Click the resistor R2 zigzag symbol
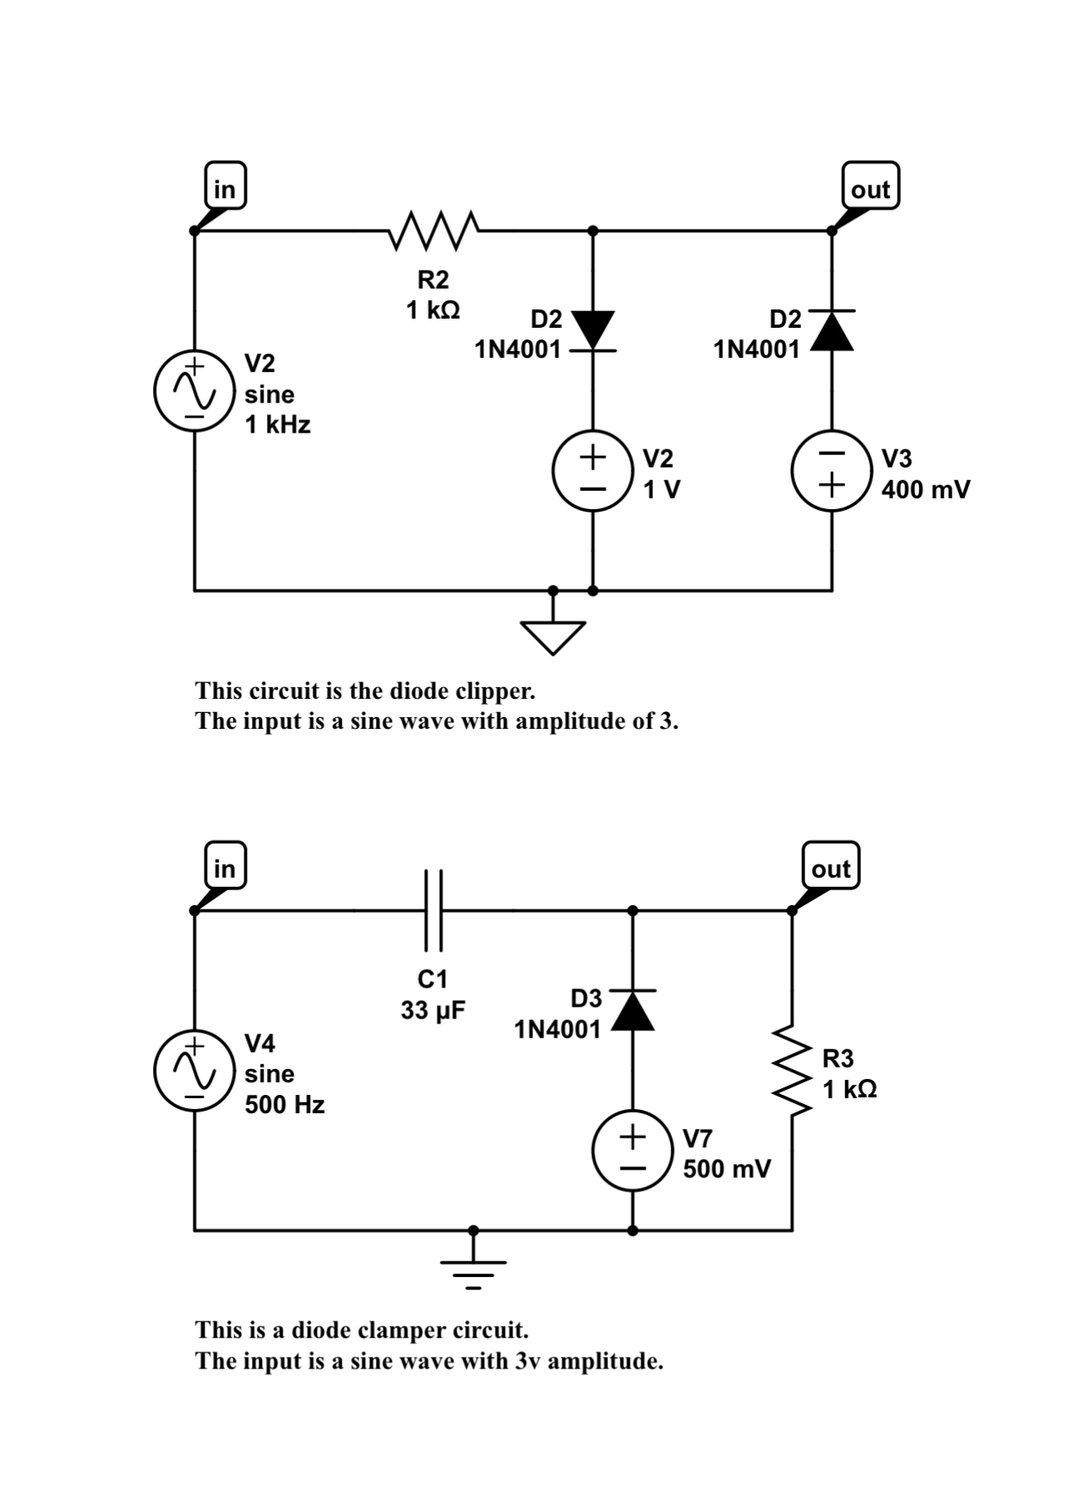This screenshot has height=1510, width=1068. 433,230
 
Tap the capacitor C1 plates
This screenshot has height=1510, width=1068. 433,910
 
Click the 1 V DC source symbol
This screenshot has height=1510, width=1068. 591,471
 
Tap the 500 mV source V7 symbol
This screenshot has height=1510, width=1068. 632,1151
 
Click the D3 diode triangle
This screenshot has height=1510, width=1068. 632,1010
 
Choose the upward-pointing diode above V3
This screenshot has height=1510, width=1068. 832,329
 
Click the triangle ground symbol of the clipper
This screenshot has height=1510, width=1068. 553,636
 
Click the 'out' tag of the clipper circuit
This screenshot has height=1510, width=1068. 870,189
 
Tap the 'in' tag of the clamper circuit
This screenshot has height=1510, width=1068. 225,868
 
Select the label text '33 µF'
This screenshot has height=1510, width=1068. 433,1011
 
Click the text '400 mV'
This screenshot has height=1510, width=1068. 925,489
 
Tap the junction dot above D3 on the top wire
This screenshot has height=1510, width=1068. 632,910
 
